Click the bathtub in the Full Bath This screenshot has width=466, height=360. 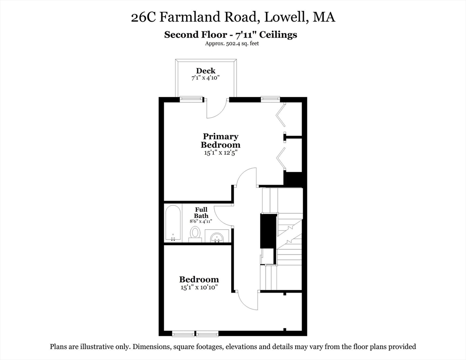173,223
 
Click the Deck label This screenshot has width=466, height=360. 206,71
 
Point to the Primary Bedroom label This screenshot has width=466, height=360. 220,141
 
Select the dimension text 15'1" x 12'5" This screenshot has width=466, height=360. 220,152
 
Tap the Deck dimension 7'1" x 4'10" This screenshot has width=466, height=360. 206,78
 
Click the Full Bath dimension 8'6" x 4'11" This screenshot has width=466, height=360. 201,221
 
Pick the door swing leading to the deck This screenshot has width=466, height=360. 215,109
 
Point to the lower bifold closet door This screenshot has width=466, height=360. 281,158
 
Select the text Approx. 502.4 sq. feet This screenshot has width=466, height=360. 232,44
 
